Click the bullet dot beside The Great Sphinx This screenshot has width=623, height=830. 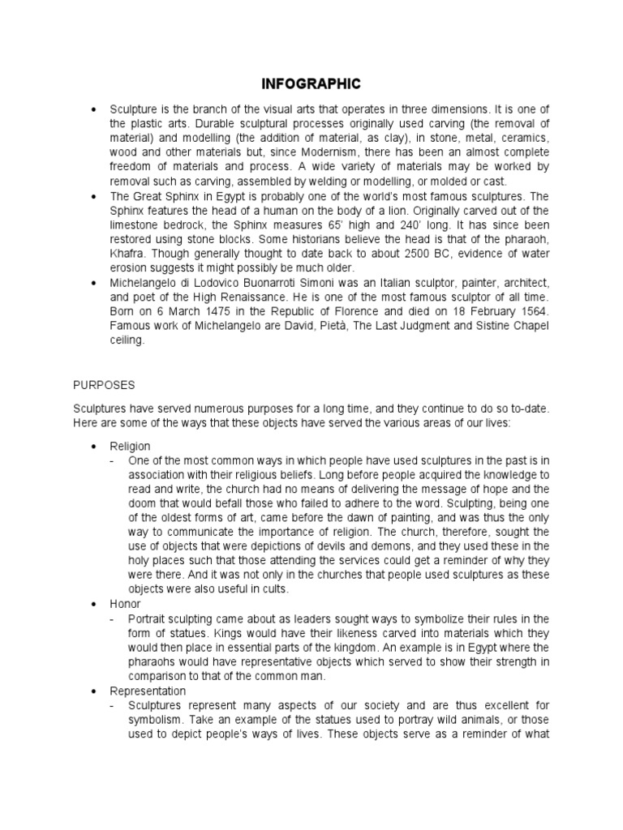point(96,196)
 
